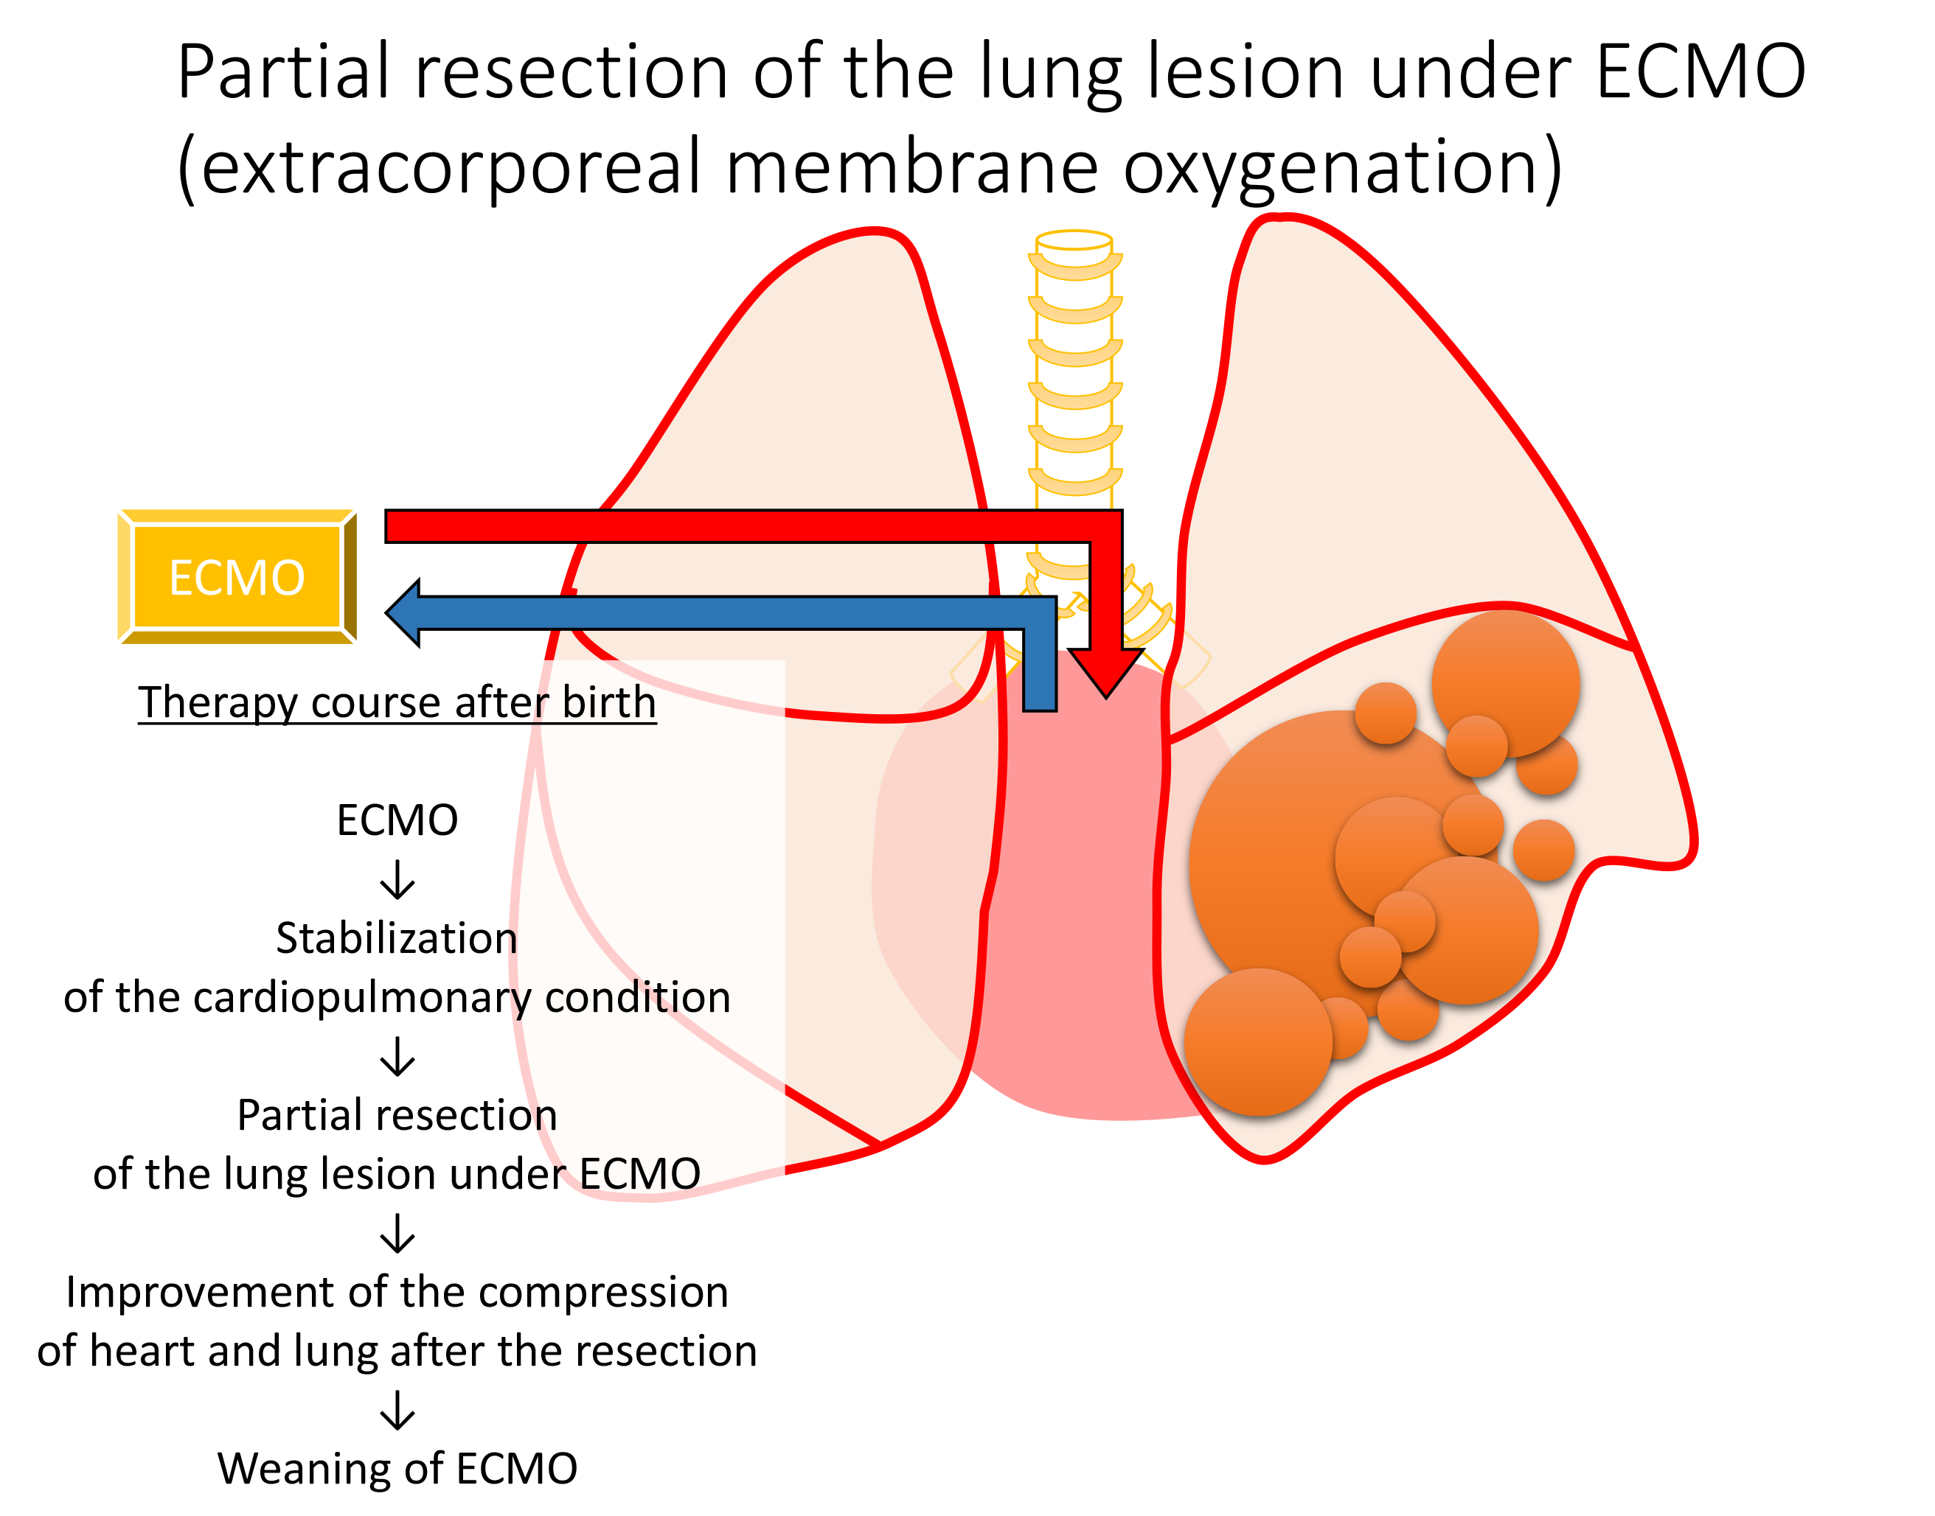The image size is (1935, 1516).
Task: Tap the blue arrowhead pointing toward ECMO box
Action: [405, 612]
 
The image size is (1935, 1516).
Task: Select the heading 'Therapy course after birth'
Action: [397, 702]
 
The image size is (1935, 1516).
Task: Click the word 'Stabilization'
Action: [396, 938]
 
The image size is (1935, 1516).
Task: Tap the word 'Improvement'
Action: [201, 1293]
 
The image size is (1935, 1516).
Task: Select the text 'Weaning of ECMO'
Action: [397, 1468]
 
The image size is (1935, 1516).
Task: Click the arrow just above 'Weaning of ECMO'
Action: [397, 1411]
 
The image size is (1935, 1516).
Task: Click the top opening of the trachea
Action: [1074, 240]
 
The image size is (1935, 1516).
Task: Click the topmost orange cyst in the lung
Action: [1505, 683]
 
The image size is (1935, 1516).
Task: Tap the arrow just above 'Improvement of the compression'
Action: [397, 1234]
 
